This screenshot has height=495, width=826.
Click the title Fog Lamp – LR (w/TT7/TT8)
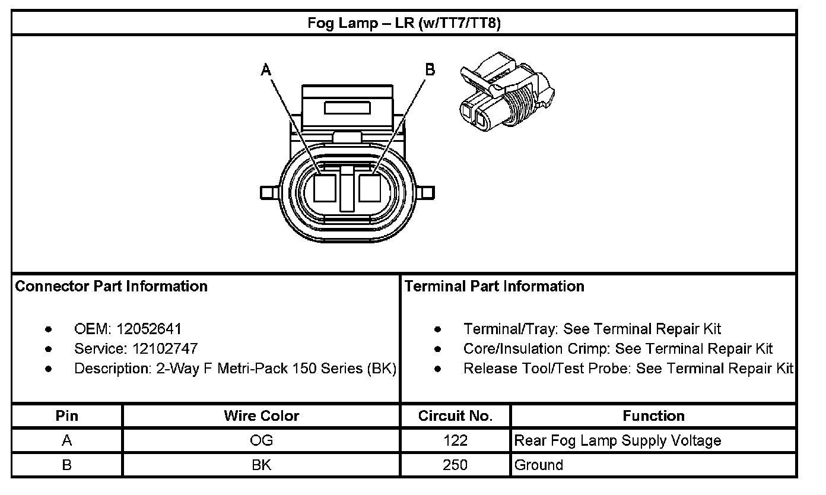404,23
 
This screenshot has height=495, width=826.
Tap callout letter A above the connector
265,69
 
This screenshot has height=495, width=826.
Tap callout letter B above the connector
430,69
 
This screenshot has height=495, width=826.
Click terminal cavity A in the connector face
325,188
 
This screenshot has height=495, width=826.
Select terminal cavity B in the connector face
370,188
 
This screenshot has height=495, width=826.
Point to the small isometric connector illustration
507,92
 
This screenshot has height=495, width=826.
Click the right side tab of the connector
425,192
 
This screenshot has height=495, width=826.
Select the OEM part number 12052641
149,329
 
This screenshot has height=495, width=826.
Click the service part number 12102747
165,348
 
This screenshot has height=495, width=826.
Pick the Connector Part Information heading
111,286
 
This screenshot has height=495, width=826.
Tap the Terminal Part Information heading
494,286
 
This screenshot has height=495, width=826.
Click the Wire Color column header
262,415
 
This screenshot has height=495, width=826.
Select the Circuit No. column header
455,415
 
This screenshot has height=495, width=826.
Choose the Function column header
653,415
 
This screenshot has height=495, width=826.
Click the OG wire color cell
262,440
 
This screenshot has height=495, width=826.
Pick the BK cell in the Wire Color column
262,465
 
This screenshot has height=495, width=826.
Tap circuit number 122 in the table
455,440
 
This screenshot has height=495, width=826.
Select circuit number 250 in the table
455,465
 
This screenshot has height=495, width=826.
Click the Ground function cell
538,465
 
